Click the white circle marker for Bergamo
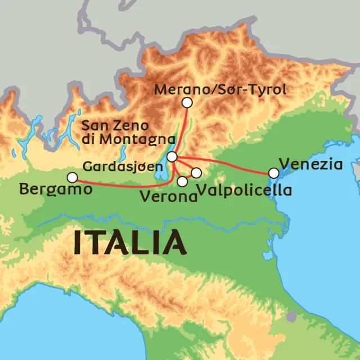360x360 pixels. tap(72, 178)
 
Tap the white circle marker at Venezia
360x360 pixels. tap(273, 173)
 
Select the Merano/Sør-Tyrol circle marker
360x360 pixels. tap(187, 102)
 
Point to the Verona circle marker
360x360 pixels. tap(182, 181)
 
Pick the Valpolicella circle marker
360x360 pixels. tap(196, 173)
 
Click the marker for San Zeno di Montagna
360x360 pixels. tap(173, 156)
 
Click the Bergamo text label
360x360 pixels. tap(55, 190)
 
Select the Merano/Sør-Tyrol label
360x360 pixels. tap(220, 89)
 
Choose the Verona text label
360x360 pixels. tap(169, 196)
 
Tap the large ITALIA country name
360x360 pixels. tap(130, 243)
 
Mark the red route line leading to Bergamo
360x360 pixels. tap(124, 184)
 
